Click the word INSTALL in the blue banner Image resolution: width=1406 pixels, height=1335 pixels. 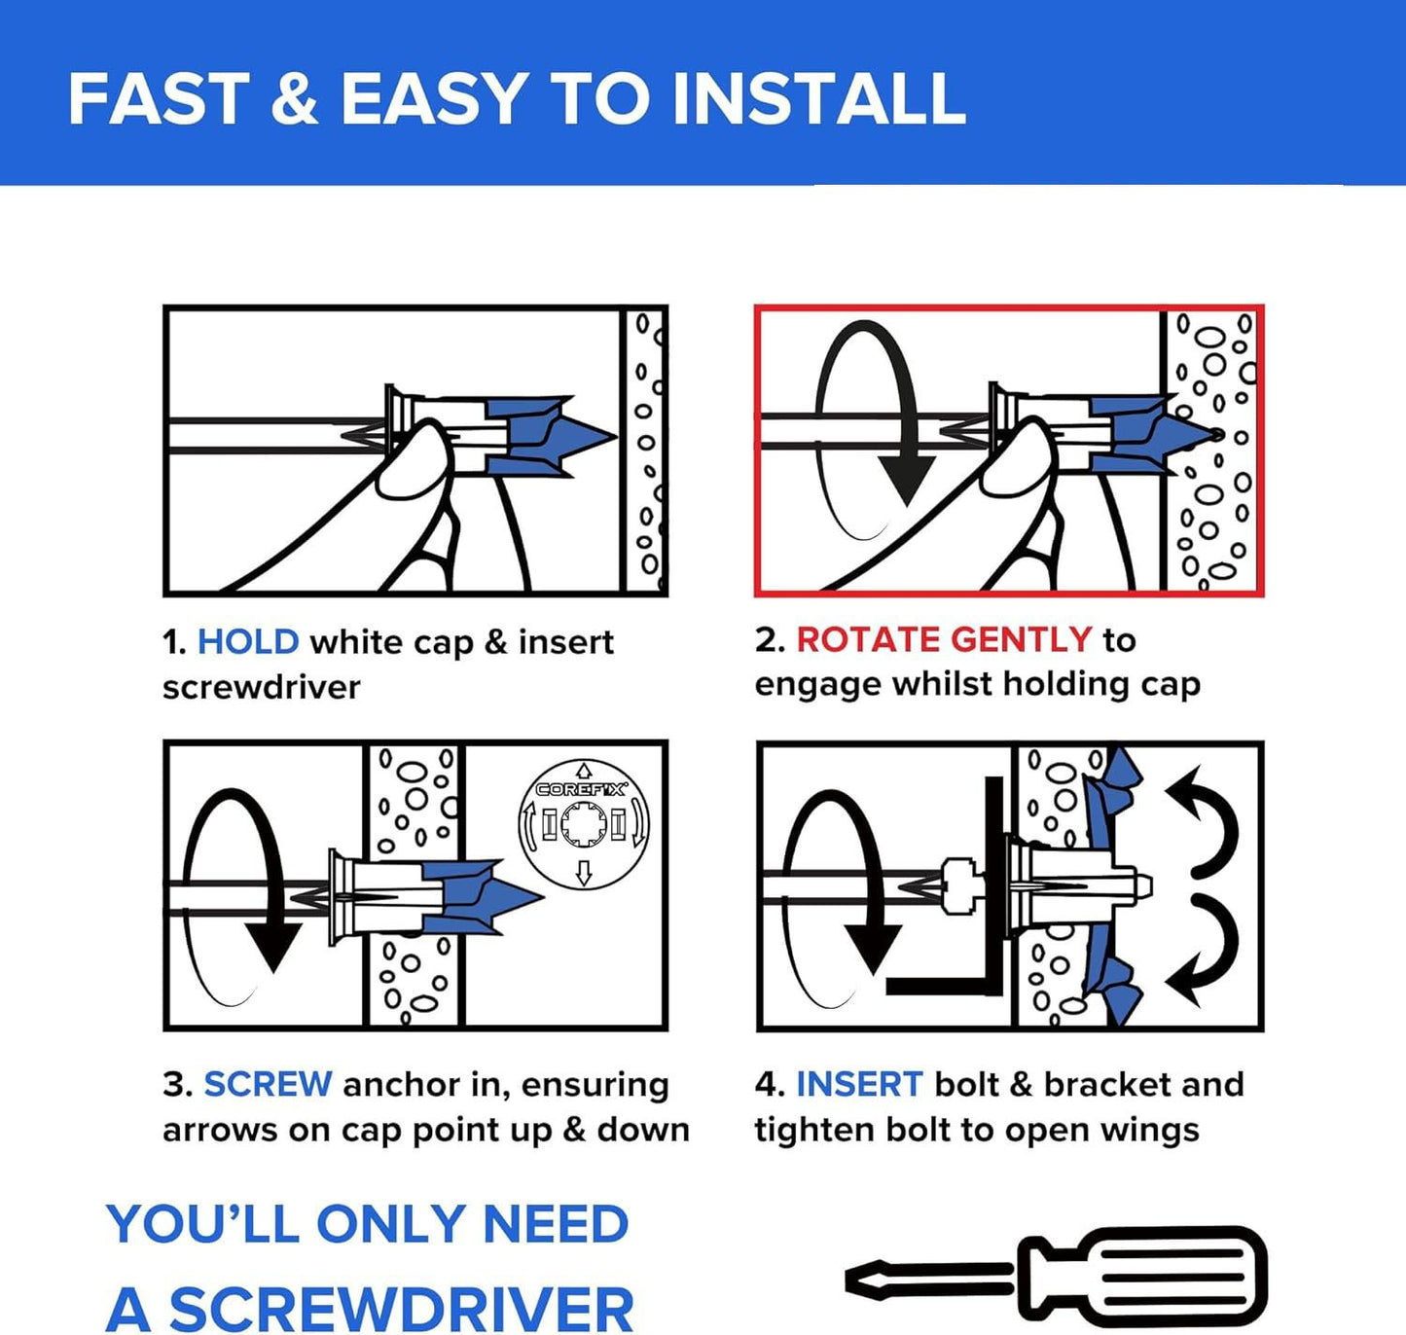pyautogui.click(x=818, y=99)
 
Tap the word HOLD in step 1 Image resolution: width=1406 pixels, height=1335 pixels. pyautogui.click(x=248, y=642)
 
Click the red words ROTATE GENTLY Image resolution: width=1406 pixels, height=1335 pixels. pyautogui.click(x=944, y=639)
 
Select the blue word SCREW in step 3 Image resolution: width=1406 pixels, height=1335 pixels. pyautogui.click(x=268, y=1084)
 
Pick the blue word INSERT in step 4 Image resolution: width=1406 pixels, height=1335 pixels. pyautogui.click(x=859, y=1084)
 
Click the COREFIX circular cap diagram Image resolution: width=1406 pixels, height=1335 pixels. pyautogui.click(x=583, y=824)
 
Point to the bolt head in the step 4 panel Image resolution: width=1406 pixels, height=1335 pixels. pyautogui.click(x=958, y=885)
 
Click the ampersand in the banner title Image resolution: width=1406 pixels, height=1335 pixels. pyautogui.click(x=294, y=99)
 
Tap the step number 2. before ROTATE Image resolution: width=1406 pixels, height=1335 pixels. pyautogui.click(x=770, y=639)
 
